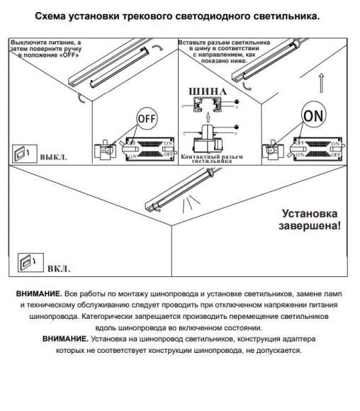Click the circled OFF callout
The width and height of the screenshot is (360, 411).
click(x=146, y=118)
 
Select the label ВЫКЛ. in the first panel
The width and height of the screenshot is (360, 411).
click(x=53, y=154)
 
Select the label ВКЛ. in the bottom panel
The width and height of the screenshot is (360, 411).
click(x=58, y=269)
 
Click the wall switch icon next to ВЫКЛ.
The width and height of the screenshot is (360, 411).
click(x=22, y=153)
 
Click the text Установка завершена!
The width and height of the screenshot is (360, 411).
click(x=310, y=219)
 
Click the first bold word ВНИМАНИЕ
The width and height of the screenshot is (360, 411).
click(x=38, y=293)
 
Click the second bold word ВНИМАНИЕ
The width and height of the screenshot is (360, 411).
click(x=65, y=339)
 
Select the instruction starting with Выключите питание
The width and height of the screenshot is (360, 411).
click(x=45, y=48)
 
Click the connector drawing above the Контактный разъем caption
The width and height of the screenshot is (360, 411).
click(x=207, y=138)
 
